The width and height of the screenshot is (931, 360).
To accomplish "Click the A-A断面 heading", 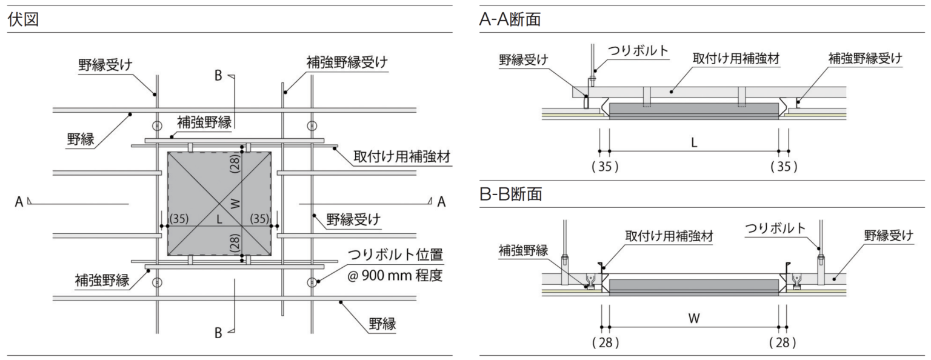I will (x=510, y=19).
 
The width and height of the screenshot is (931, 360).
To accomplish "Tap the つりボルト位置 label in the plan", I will (x=395, y=255).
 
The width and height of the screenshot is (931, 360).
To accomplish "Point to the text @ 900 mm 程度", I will (x=395, y=276).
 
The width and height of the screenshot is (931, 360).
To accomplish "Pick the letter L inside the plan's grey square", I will (x=220, y=219).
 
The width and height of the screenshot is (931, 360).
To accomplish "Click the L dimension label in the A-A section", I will (x=694, y=143).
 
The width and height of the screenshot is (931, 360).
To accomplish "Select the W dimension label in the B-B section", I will (x=694, y=319).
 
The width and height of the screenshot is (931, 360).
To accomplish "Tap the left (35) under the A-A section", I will (x=604, y=167).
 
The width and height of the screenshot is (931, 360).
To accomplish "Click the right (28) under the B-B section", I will (x=783, y=342).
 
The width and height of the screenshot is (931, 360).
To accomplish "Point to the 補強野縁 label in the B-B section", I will (x=524, y=250).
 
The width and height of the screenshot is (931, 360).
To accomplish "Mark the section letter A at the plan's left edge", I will (x=19, y=202).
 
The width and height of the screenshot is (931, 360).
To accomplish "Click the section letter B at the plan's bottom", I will (x=217, y=333).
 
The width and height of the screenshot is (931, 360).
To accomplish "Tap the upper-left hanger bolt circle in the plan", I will (x=157, y=126).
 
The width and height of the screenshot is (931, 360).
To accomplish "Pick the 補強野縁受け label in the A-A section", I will (x=865, y=58).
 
